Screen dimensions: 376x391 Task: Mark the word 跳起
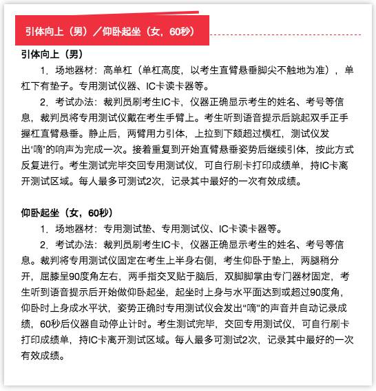311,118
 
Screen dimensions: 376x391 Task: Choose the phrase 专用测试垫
126,229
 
